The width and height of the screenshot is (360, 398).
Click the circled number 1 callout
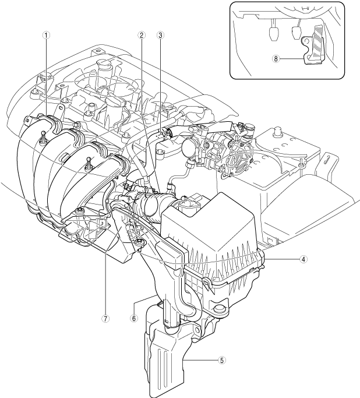click(46, 34)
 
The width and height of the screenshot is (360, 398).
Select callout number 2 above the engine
click(141, 34)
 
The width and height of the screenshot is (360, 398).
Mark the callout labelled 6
click(134, 318)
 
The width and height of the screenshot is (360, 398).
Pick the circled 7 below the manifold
click(104, 318)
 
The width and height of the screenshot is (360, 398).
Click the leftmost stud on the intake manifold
click(43, 138)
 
